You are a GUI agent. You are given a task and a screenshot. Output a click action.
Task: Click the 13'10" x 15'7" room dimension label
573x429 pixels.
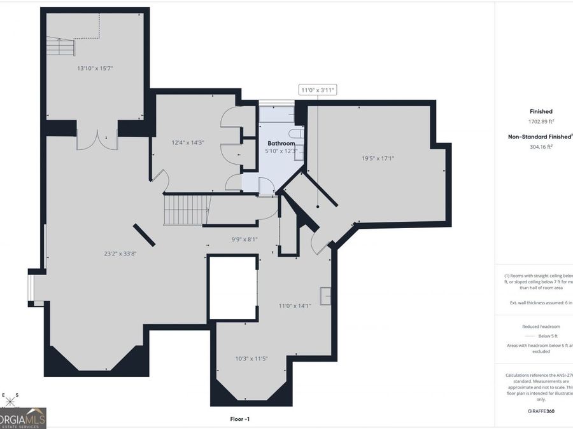95,67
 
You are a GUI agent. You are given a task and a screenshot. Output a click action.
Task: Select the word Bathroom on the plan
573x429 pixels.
281,144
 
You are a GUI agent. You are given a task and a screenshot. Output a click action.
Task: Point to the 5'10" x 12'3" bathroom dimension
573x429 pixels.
281,152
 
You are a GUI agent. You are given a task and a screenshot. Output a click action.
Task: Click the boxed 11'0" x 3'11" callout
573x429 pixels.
318,90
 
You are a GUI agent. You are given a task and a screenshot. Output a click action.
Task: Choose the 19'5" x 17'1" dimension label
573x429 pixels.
378,158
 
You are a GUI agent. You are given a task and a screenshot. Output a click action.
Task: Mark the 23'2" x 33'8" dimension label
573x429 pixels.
120,253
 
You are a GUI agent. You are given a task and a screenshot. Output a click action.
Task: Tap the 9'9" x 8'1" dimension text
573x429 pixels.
244,239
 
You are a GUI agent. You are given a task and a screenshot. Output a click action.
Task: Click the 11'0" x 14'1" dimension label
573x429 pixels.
294,306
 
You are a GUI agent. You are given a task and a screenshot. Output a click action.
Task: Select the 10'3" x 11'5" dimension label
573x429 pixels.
251,358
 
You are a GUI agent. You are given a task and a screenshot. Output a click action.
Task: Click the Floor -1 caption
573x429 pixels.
240,419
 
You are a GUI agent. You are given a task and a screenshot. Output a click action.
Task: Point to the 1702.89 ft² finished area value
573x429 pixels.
541,121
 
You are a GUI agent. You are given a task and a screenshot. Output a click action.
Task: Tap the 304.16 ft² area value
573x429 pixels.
541,146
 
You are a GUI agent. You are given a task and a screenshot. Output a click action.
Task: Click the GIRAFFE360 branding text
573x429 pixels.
541,412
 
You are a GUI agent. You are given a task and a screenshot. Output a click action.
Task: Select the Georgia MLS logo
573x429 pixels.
23,418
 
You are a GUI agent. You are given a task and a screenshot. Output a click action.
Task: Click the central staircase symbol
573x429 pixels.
187,210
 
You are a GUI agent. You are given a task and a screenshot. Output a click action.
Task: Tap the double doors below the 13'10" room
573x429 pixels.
97,140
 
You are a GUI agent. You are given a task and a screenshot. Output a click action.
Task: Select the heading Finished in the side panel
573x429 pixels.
541,111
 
